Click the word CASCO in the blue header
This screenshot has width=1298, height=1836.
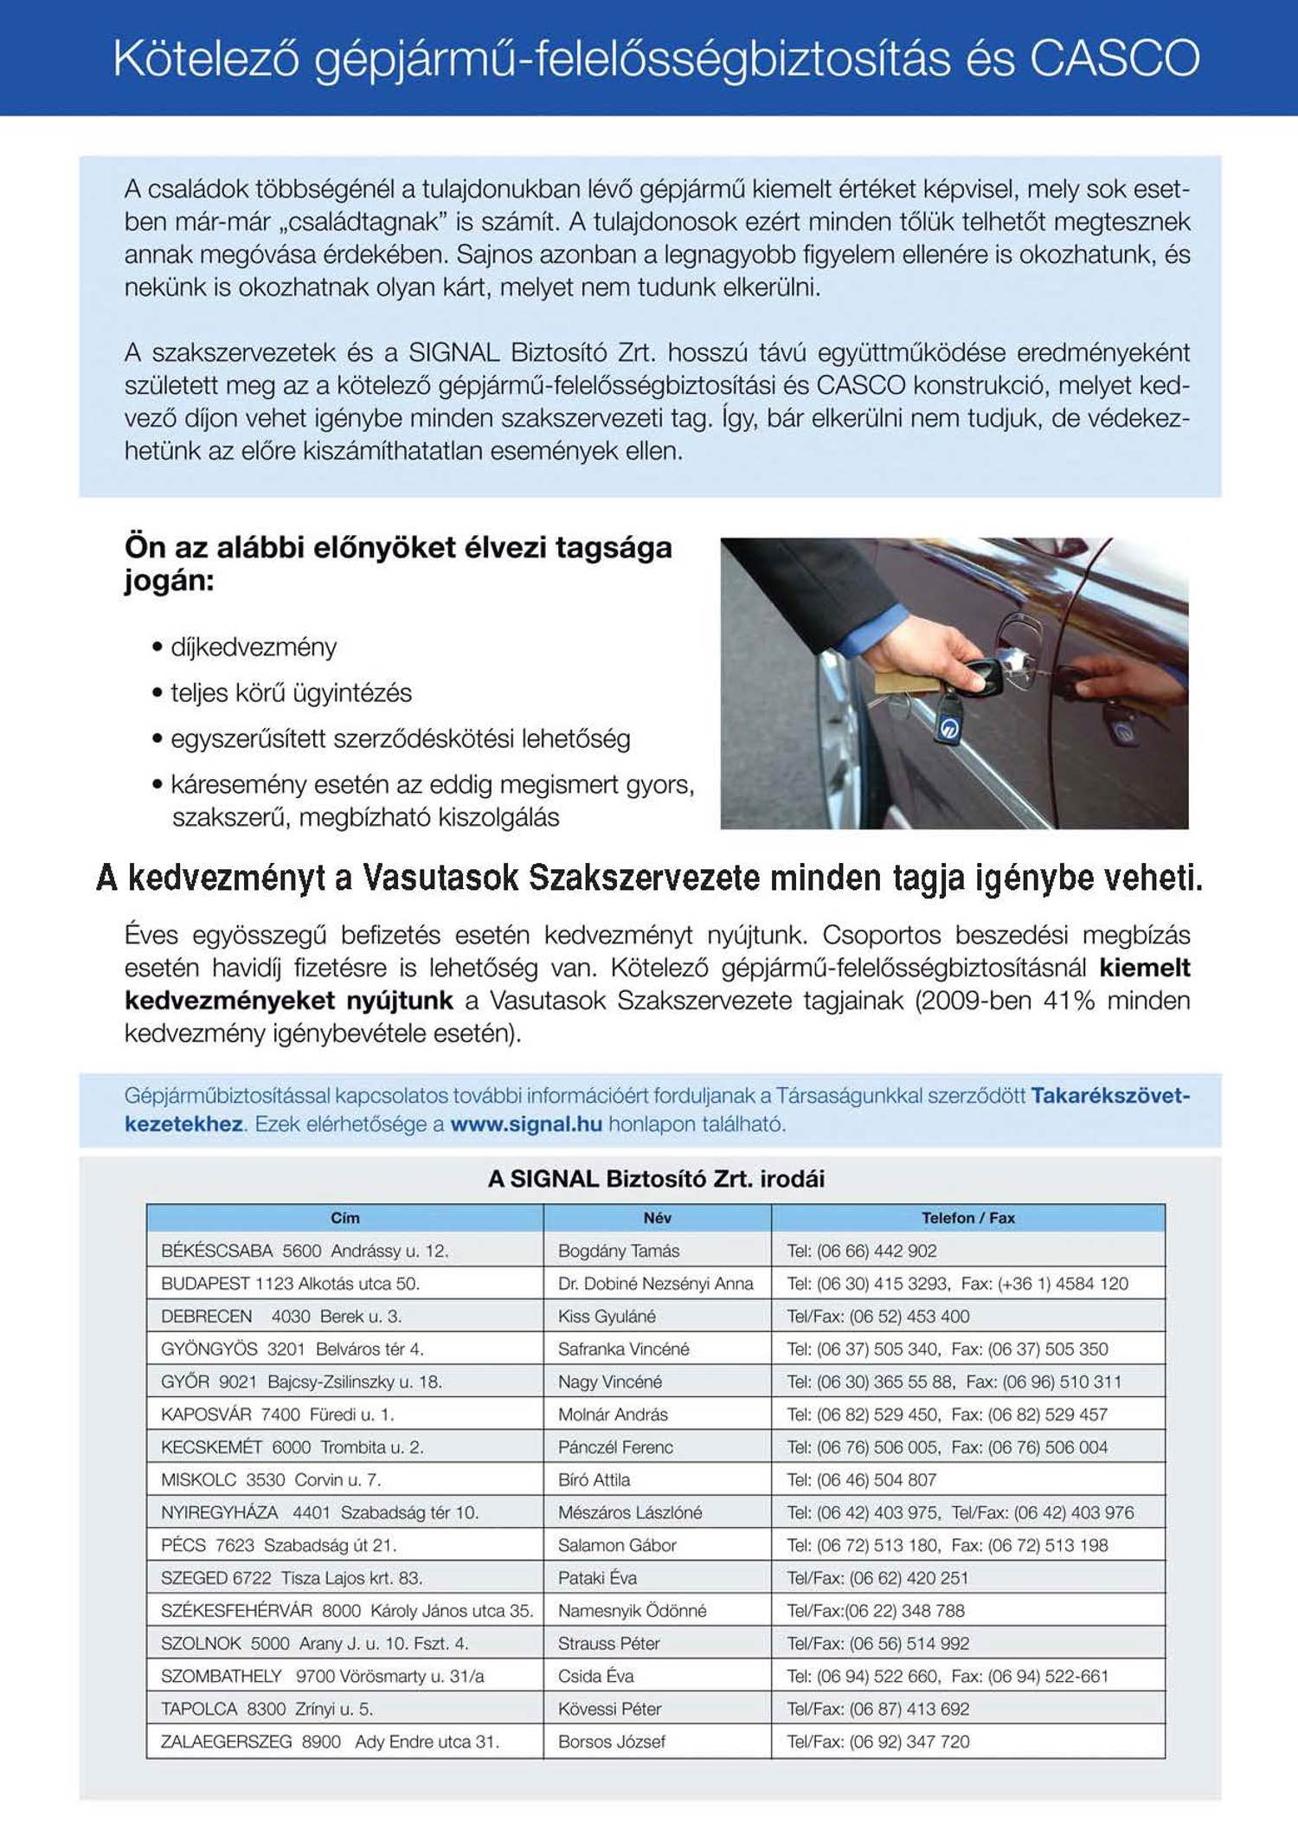[1114, 59]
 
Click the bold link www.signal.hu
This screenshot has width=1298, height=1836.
[526, 1124]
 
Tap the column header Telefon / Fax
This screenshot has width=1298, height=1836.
[967, 1218]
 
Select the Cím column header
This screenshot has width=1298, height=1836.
[344, 1218]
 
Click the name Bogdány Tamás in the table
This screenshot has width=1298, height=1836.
[619, 1251]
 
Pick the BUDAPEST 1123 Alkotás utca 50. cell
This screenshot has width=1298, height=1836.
[290, 1284]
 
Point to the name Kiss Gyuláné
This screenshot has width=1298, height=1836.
[607, 1317]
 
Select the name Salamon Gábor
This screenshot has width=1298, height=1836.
[617, 1545]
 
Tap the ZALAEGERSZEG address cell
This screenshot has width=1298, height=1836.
[331, 1742]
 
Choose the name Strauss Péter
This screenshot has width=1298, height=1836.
[608, 1643]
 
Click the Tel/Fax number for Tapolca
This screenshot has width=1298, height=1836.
[877, 1709]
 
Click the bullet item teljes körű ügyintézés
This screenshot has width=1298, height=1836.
[291, 693]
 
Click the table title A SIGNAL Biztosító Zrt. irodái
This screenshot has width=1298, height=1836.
[656, 1179]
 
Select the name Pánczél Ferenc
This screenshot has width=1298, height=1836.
[615, 1447]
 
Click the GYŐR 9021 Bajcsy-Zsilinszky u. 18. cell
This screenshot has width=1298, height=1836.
[301, 1382]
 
